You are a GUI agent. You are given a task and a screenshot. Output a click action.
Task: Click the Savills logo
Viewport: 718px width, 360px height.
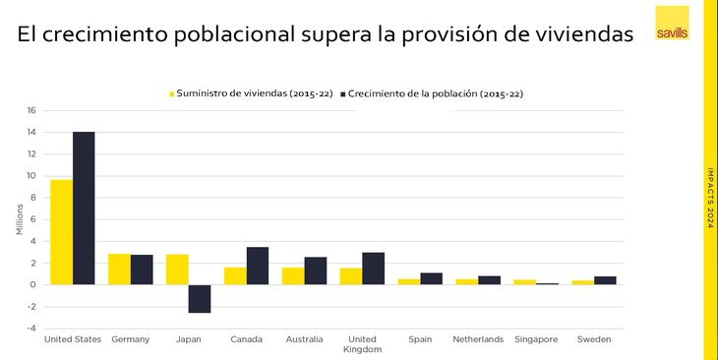click(x=672, y=23)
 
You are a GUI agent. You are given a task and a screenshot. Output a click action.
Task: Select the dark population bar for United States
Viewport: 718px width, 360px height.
click(x=84, y=209)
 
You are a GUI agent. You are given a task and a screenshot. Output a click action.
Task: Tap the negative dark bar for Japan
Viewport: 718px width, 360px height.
click(x=200, y=298)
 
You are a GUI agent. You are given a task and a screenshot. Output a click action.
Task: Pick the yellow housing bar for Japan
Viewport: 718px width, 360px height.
click(x=177, y=270)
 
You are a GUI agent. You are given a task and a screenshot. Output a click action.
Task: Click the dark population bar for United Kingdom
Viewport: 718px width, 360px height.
click(x=374, y=269)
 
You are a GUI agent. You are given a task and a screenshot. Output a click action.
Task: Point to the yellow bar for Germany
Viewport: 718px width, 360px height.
click(x=119, y=270)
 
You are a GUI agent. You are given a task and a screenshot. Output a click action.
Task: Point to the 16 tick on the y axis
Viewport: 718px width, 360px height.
click(x=30, y=110)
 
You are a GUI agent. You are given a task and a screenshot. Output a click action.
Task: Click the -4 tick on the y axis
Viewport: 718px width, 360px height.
click(x=30, y=328)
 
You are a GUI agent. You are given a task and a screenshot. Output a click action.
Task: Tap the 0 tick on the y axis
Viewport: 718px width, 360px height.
click(x=32, y=284)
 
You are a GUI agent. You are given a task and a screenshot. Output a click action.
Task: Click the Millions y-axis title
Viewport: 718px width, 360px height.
click(x=18, y=219)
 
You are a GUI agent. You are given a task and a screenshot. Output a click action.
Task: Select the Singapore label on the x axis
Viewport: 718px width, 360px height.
click(x=535, y=339)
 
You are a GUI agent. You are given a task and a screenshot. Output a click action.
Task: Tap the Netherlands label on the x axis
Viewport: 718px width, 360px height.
click(x=477, y=339)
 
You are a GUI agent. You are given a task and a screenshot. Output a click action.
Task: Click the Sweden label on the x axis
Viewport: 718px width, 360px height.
click(x=593, y=339)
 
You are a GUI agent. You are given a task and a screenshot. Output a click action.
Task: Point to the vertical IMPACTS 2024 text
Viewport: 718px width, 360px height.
click(x=710, y=198)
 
